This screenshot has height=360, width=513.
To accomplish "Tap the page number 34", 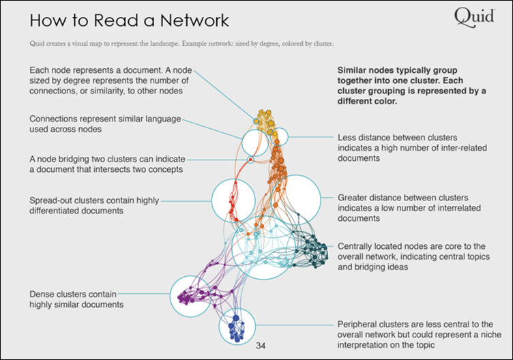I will pos(260,346).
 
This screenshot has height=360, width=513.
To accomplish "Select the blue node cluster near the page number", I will pos(236,327).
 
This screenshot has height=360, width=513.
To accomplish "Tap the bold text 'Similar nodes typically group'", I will pos(399,70).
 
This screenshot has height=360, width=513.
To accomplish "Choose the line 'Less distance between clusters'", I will pos(398,136).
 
